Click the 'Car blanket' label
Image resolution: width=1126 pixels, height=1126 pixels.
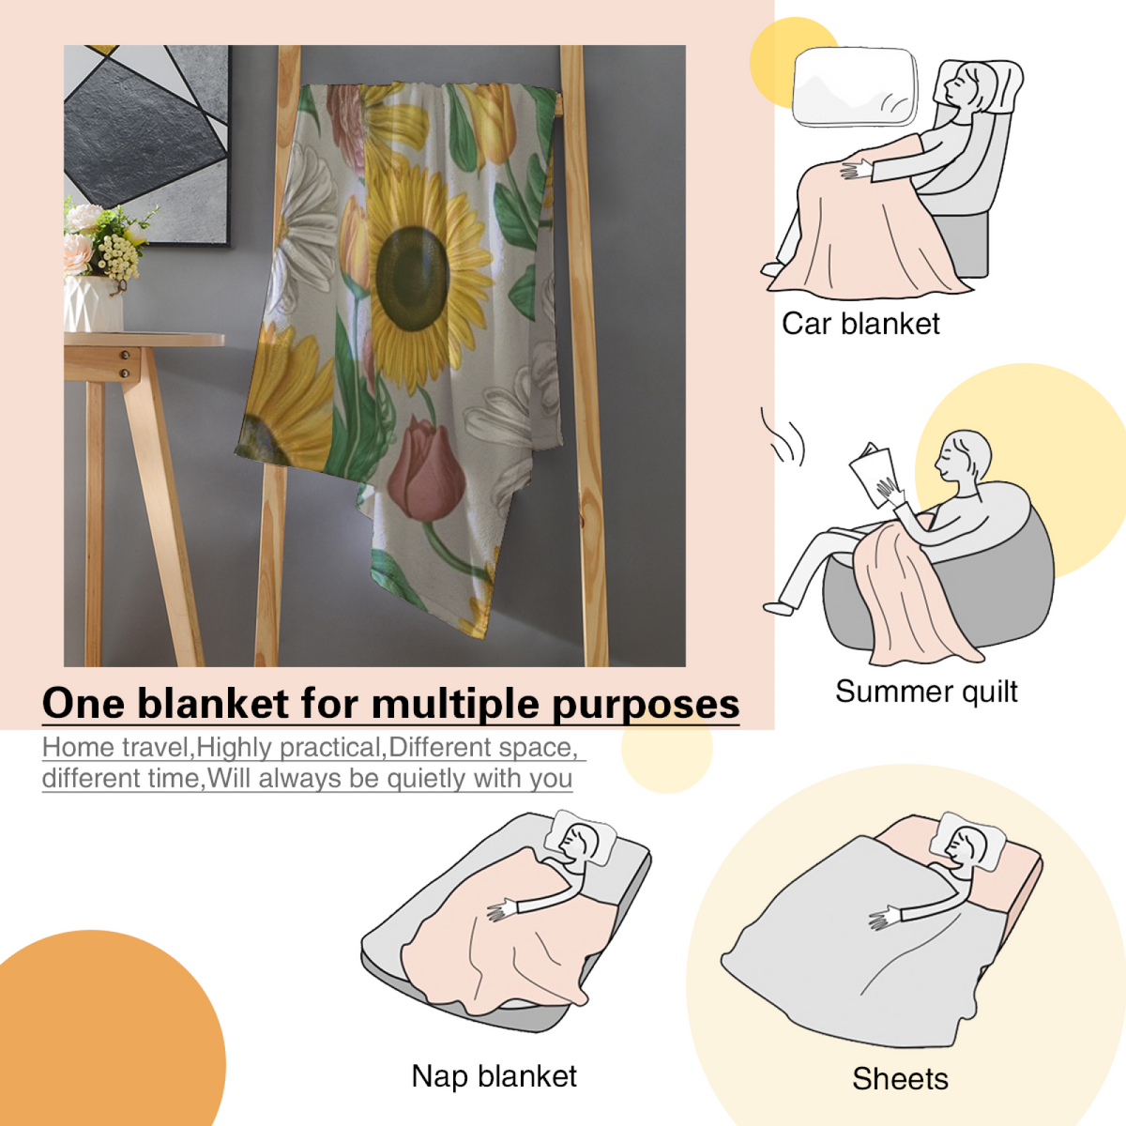pos(860,324)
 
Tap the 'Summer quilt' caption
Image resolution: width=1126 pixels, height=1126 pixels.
pos(926,692)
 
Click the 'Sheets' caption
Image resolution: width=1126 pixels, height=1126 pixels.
pos(900,1079)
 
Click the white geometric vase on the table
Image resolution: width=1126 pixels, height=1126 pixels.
pos(94,304)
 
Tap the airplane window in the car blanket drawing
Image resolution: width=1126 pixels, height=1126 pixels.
pos(854,86)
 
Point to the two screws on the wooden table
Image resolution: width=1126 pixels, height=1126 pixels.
pos(125,363)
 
